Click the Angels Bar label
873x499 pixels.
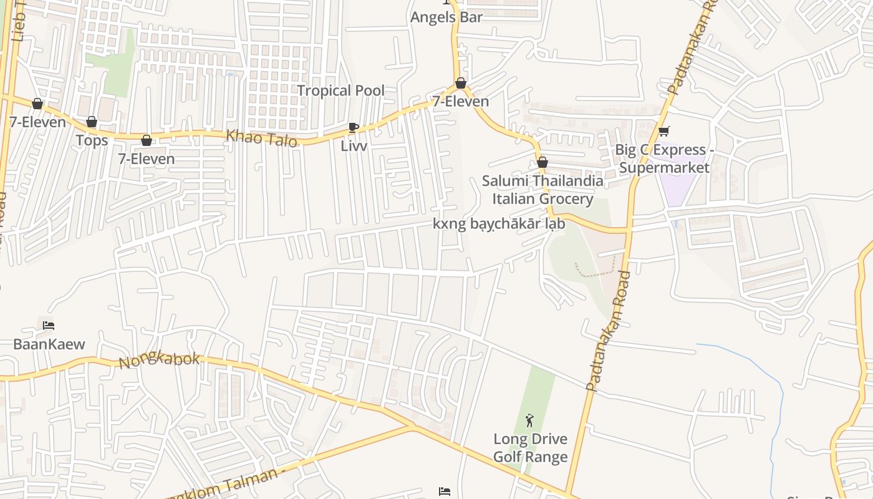click(x=446, y=17)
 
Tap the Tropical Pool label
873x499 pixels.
click(x=340, y=90)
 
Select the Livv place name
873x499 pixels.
click(x=354, y=146)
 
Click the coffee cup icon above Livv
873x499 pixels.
click(x=354, y=128)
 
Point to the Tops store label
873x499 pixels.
click(x=92, y=140)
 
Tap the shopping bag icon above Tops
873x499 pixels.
click(x=92, y=122)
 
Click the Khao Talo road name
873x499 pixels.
click(x=261, y=138)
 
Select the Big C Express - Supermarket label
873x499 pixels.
click(x=663, y=158)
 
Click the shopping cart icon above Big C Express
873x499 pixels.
click(x=663, y=131)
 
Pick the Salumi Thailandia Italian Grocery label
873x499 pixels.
click(x=543, y=190)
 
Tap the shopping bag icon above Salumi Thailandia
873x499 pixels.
click(x=543, y=162)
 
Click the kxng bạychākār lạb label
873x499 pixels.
click(x=499, y=224)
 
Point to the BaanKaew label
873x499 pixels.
click(x=49, y=344)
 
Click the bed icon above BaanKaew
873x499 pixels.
click(x=49, y=326)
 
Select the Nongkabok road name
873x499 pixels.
click(x=159, y=359)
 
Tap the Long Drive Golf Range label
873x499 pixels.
click(x=530, y=448)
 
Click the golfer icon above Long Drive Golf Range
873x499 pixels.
click(x=530, y=420)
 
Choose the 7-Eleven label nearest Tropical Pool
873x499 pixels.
click(x=461, y=101)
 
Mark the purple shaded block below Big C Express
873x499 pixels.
click(x=680, y=185)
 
